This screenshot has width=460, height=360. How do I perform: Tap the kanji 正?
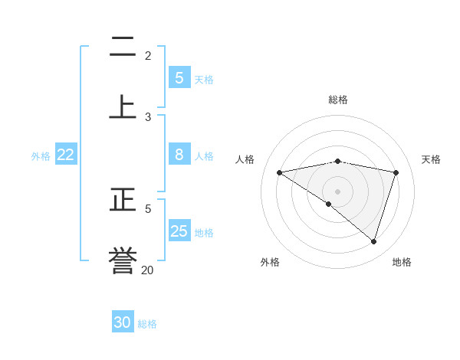(x=123, y=200)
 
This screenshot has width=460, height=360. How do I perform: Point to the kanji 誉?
(x=123, y=261)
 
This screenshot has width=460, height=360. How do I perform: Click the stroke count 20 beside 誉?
(x=147, y=270)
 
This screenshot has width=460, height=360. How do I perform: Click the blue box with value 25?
(x=179, y=231)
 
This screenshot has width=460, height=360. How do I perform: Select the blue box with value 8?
(x=179, y=155)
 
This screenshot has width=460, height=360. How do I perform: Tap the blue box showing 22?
(x=66, y=155)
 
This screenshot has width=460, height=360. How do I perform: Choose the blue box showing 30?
(x=123, y=322)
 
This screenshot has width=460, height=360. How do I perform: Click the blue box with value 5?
(x=179, y=78)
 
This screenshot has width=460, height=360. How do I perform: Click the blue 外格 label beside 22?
(x=41, y=155)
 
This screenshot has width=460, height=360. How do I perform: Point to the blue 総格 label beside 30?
(x=147, y=324)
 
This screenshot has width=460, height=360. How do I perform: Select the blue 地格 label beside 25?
(x=204, y=233)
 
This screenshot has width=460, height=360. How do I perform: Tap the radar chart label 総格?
(x=337, y=100)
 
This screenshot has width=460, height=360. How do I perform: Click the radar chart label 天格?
(x=431, y=159)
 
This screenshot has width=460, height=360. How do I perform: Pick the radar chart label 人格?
(x=245, y=159)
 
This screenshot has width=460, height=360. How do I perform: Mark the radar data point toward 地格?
(x=373, y=241)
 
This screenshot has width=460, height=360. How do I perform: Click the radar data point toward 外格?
(x=329, y=204)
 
